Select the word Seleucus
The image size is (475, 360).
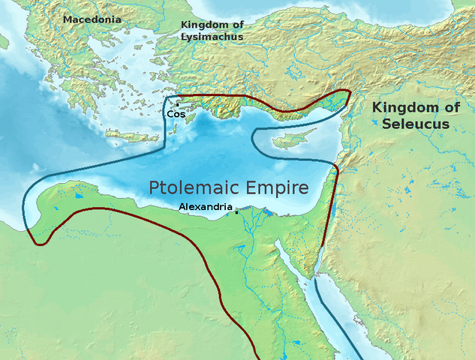(x=415, y=124)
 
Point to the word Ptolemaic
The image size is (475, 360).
(x=191, y=187)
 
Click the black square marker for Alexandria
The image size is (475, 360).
(x=237, y=212)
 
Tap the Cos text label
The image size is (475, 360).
(x=176, y=114)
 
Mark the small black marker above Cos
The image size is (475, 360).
(x=177, y=104)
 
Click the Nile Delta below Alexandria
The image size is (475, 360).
(x=255, y=222)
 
